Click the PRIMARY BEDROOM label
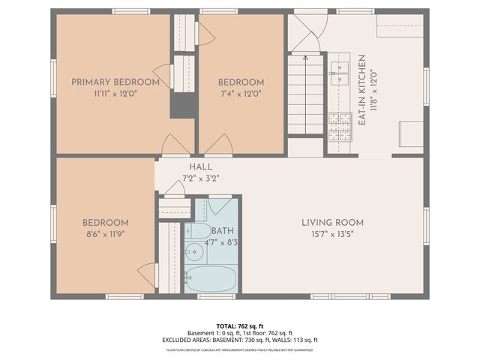coord(115,82)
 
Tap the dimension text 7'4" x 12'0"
coord(241,94)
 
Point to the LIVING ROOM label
coord(332,223)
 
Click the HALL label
coord(200,166)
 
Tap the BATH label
coord(222,231)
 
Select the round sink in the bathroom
coord(195,251)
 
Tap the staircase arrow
coord(306,58)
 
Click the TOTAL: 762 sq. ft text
coord(240,326)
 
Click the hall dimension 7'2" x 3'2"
coord(200,178)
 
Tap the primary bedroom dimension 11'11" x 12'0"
coord(115,94)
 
